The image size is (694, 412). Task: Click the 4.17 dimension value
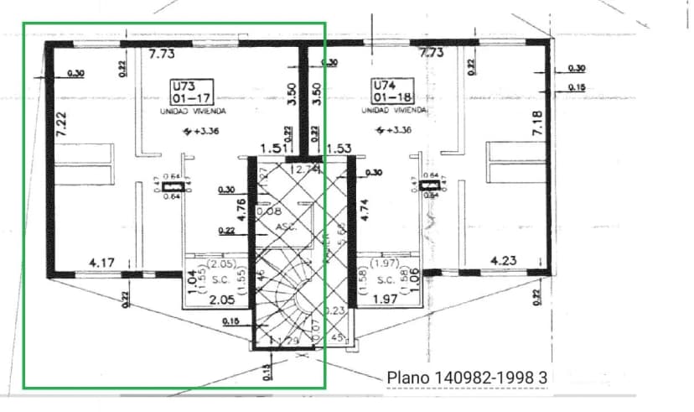click(x=101, y=263)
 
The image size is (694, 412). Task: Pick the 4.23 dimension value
click(x=503, y=261)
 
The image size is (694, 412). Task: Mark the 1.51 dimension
click(x=273, y=149)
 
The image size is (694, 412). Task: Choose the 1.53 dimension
click(x=339, y=149)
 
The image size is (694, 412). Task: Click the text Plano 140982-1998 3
click(x=466, y=378)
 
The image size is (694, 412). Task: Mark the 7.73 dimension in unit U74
click(x=431, y=52)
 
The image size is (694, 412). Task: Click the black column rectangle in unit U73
click(x=173, y=186)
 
